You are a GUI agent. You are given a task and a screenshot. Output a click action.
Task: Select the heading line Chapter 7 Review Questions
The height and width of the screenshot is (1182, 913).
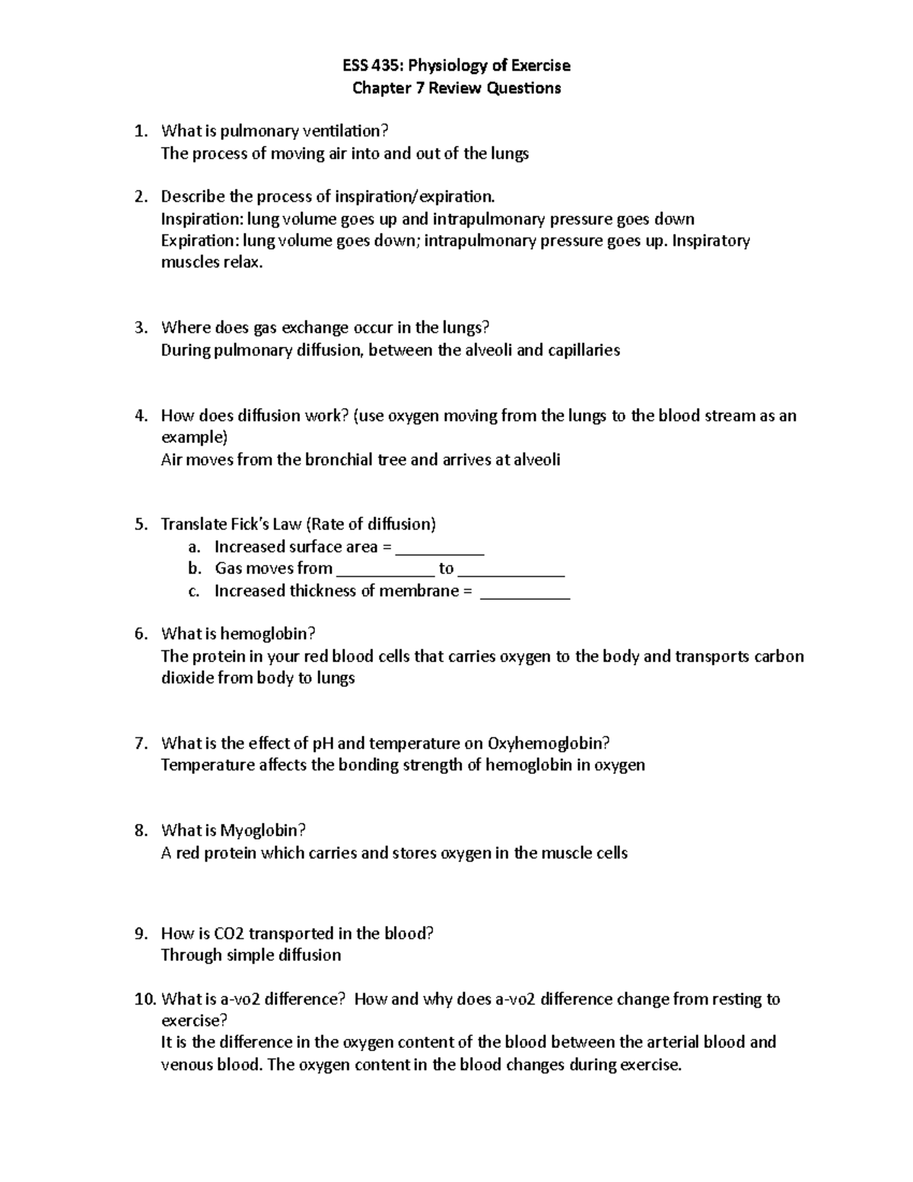coord(456,88)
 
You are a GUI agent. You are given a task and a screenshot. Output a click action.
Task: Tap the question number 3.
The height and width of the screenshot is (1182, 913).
coord(139,328)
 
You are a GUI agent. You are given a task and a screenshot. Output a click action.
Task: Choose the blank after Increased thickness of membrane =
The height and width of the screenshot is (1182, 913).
coord(525,592)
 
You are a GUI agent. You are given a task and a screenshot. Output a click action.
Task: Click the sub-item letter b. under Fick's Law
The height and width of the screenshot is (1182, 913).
coord(195,569)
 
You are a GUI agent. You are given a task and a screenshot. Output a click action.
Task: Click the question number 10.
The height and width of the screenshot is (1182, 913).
coord(145,999)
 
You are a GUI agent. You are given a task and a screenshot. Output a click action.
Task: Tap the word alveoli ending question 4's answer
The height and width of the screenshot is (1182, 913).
coord(537,460)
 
